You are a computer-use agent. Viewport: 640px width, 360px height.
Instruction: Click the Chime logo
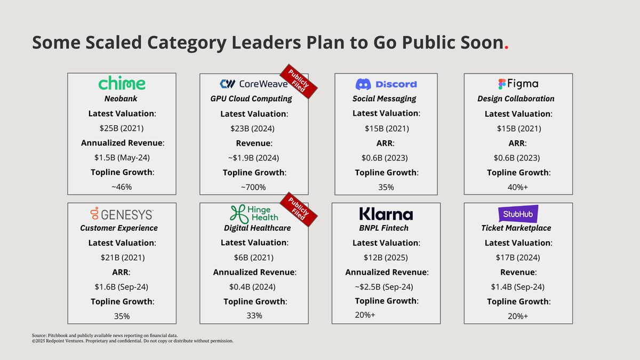(x=122, y=83)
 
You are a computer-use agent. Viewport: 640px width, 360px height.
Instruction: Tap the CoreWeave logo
(x=254, y=84)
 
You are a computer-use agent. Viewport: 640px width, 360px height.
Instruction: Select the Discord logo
(x=386, y=84)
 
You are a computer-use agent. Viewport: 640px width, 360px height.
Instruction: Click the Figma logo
(x=518, y=84)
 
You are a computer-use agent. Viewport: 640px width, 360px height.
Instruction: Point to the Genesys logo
(x=122, y=214)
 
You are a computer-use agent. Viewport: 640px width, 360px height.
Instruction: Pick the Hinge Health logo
(x=254, y=214)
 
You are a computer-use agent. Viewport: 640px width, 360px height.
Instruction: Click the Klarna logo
(x=386, y=214)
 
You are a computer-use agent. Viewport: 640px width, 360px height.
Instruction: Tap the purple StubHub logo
(x=518, y=214)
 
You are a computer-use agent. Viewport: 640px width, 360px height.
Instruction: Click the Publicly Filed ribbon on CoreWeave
(x=299, y=82)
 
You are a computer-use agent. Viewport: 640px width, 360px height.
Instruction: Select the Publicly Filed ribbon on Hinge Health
(x=299, y=210)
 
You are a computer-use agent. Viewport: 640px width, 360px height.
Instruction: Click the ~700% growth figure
(x=253, y=187)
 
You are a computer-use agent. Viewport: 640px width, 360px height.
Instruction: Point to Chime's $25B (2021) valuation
(x=122, y=129)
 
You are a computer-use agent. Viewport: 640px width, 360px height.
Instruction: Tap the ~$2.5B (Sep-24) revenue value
(x=384, y=286)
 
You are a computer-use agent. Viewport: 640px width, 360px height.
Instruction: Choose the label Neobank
(x=121, y=99)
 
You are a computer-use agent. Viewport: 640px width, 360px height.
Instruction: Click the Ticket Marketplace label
(x=516, y=228)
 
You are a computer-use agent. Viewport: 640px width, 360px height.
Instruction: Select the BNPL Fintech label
(x=383, y=228)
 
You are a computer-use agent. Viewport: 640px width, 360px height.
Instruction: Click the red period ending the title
(x=506, y=48)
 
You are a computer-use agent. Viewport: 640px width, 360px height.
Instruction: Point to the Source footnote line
(x=105, y=335)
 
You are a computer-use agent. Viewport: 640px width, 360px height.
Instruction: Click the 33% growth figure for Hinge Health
(x=254, y=316)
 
